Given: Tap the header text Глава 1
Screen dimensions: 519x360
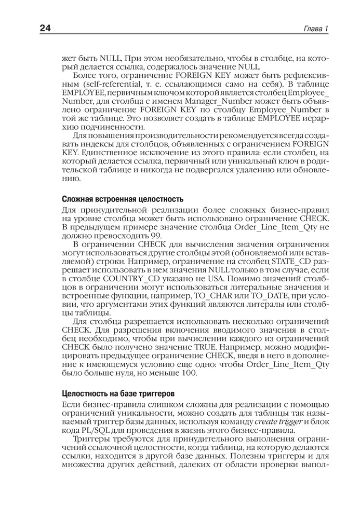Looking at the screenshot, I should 316,29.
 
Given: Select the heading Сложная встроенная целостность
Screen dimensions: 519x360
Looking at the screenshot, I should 122,199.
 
